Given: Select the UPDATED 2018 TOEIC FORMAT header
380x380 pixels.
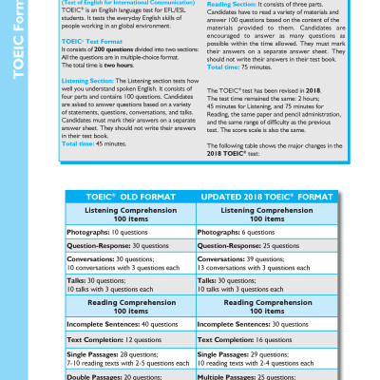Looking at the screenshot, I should coord(260,196).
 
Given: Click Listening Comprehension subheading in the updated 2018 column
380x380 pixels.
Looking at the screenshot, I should coord(260,213).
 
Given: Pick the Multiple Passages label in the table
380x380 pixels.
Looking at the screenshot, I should coord(228,375).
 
